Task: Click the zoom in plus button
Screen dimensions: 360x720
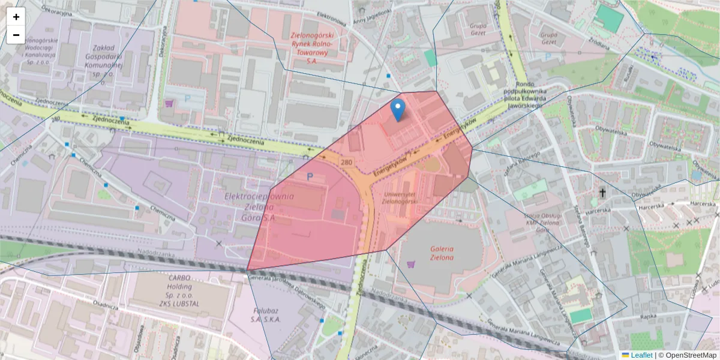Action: (16, 17)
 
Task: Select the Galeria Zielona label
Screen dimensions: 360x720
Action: (441, 253)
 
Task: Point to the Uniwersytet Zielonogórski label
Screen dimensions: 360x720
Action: (395, 199)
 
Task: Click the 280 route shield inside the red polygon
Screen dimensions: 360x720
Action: (346, 162)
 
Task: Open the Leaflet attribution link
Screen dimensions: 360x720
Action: (641, 355)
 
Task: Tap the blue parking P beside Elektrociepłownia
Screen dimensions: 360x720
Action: (310, 177)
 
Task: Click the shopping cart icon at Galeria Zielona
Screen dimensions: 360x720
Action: (411, 264)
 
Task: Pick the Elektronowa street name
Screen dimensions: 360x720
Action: (332, 19)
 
